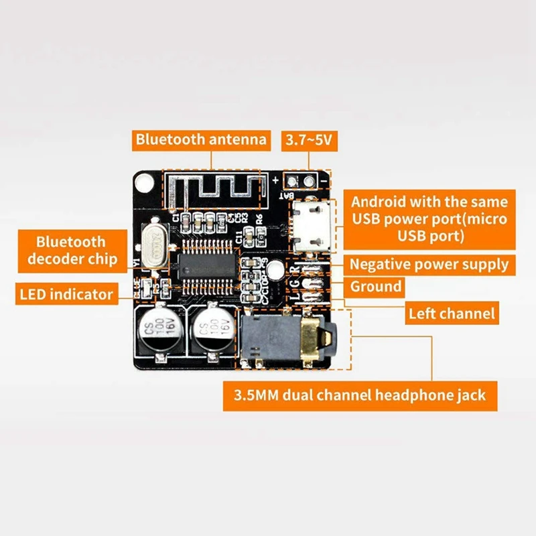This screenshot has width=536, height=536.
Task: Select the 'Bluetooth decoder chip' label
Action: (x=71, y=251)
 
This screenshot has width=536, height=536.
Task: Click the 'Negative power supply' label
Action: (x=429, y=264)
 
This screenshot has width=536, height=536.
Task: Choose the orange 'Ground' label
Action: (x=376, y=287)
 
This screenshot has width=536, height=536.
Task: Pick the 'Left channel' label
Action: (x=452, y=312)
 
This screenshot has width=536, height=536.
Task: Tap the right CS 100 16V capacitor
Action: (x=212, y=329)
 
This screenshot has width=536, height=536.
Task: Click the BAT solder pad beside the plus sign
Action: (x=292, y=180)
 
